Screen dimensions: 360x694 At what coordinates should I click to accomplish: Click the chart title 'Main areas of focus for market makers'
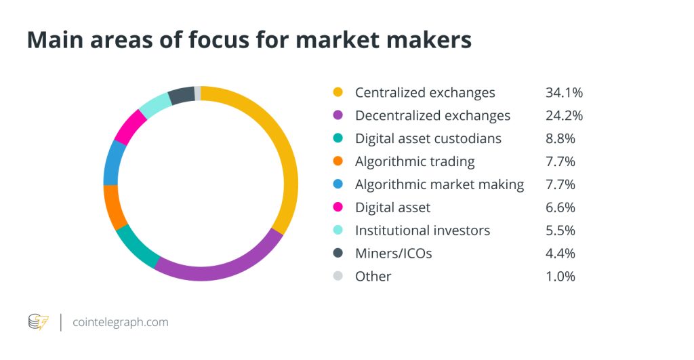249,40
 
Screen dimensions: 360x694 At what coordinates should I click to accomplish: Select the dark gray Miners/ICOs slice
181,95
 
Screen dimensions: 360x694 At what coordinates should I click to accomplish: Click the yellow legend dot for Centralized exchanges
339,92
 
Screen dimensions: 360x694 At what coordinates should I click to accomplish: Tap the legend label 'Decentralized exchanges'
432,115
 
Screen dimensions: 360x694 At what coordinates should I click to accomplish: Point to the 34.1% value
564,92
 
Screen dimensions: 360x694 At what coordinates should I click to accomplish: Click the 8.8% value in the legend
560,138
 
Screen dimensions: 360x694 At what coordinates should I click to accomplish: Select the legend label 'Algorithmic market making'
439,184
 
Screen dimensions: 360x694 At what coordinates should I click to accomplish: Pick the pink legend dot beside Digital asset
339,207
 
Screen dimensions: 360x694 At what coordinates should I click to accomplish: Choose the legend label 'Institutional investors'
422,231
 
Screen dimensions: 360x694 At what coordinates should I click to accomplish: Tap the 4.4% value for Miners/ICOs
560,254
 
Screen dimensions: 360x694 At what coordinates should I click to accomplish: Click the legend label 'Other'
373,277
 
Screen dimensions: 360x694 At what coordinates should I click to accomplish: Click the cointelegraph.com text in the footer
121,322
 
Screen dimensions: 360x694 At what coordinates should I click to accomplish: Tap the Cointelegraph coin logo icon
38,322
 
